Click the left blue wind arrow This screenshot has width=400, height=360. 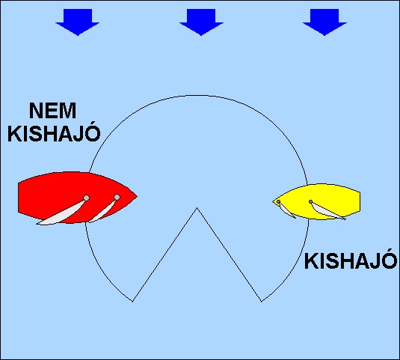(x=78, y=22)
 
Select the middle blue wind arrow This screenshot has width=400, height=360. (x=201, y=22)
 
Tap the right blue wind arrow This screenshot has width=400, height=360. (x=324, y=22)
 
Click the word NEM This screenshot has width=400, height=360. (x=52, y=111)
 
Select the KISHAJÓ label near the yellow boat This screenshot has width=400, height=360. (x=351, y=260)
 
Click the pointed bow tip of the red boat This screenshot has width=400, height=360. (x=137, y=196)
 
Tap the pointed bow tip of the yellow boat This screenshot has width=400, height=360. (x=273, y=201)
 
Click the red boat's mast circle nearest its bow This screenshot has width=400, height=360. (x=117, y=197)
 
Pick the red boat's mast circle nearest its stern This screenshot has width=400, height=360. (x=87, y=198)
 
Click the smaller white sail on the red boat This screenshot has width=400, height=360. (x=102, y=211)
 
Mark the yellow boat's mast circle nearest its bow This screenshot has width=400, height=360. (x=278, y=201)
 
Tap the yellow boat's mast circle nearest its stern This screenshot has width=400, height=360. (x=310, y=201)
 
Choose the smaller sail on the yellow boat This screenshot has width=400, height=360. (x=287, y=210)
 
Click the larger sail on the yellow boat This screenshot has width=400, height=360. (x=327, y=211)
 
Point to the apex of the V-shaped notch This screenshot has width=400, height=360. (x=197, y=208)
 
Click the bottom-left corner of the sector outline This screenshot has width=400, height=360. (x=133, y=302)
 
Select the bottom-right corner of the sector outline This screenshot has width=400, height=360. (x=262, y=302)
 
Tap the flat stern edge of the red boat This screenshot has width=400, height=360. (x=18, y=198)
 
